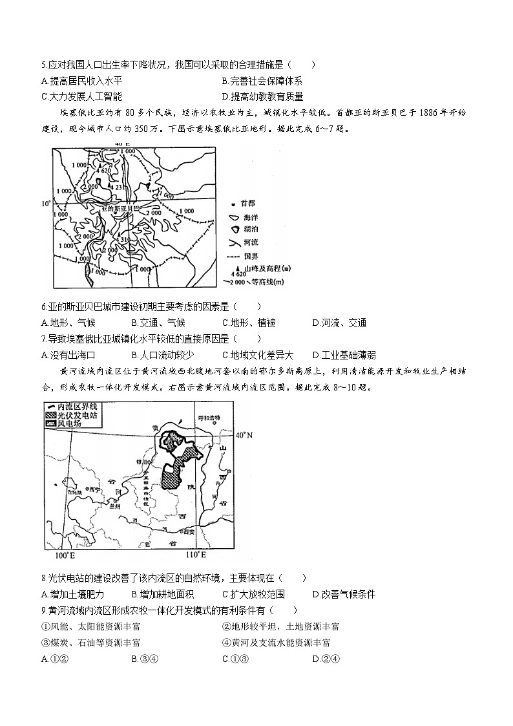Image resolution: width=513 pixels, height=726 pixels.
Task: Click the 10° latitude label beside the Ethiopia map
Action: tap(45, 204)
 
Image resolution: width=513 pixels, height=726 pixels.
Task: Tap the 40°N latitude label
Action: tap(244, 435)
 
